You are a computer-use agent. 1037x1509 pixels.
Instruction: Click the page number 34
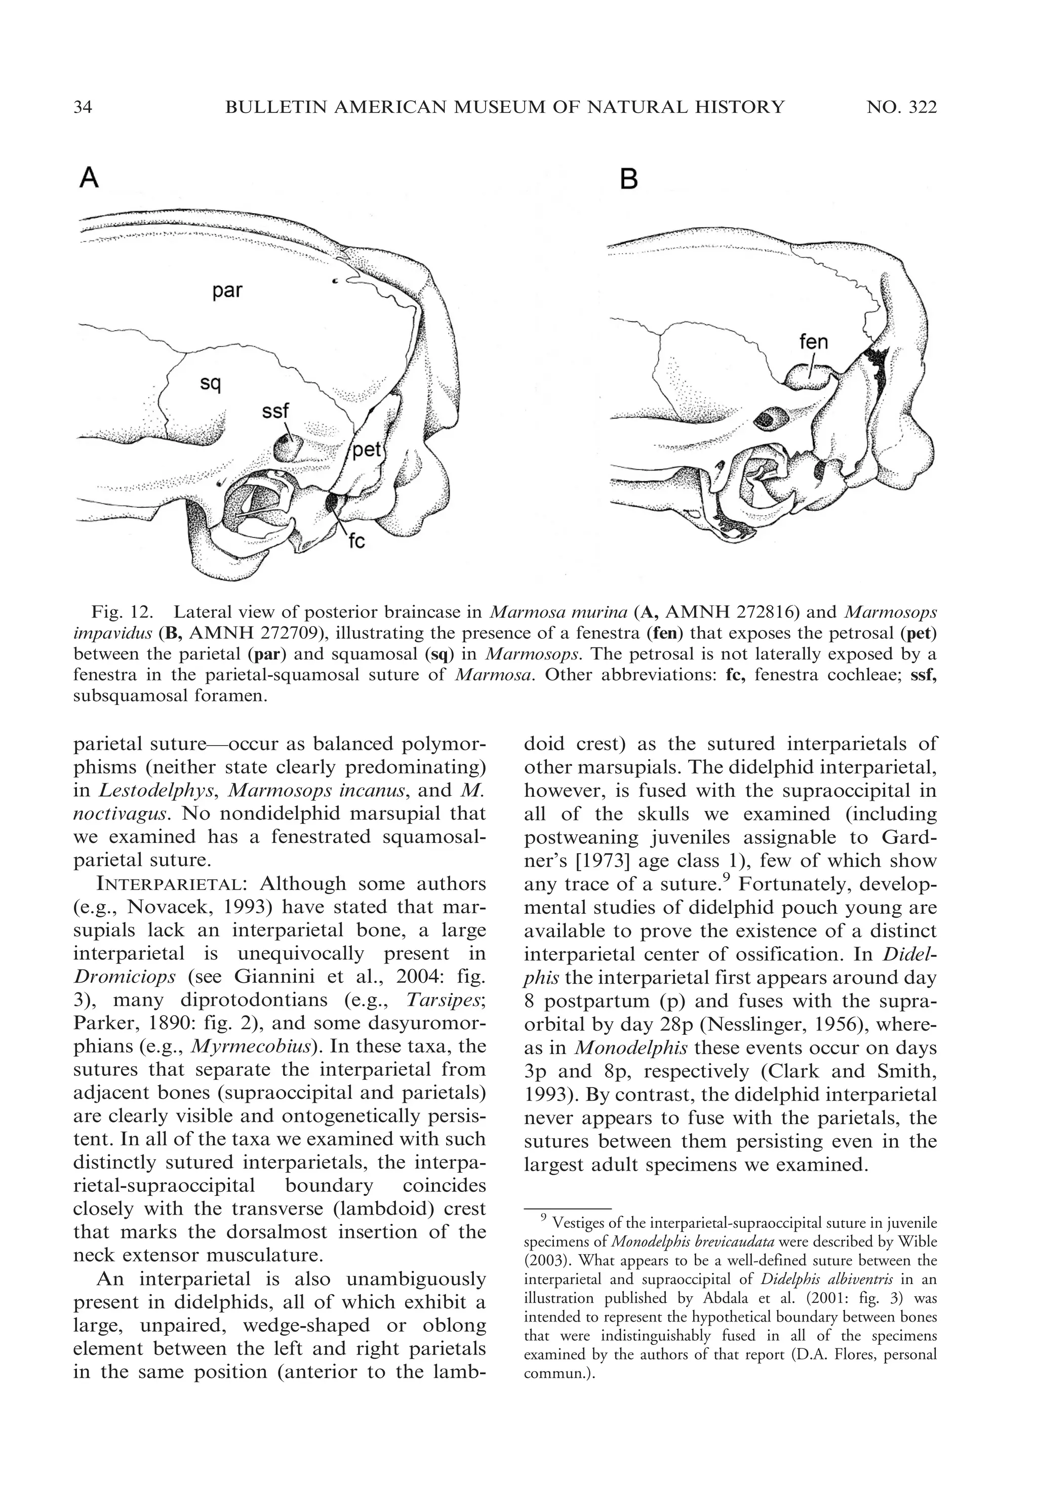point(83,107)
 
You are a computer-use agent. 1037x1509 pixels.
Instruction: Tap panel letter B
point(628,179)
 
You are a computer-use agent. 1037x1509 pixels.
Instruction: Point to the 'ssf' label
point(275,411)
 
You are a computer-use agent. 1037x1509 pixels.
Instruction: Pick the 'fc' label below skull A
point(356,540)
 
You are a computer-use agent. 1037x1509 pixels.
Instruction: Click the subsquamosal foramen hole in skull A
point(287,447)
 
